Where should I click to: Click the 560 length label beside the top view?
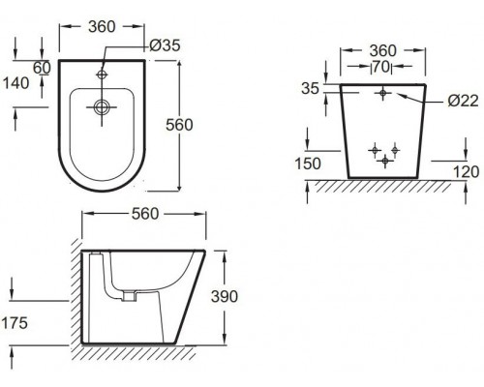tap(207, 124)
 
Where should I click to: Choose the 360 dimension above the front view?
tap(384, 50)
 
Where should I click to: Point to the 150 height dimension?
tap(307, 164)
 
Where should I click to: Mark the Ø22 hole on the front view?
tap(384, 93)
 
